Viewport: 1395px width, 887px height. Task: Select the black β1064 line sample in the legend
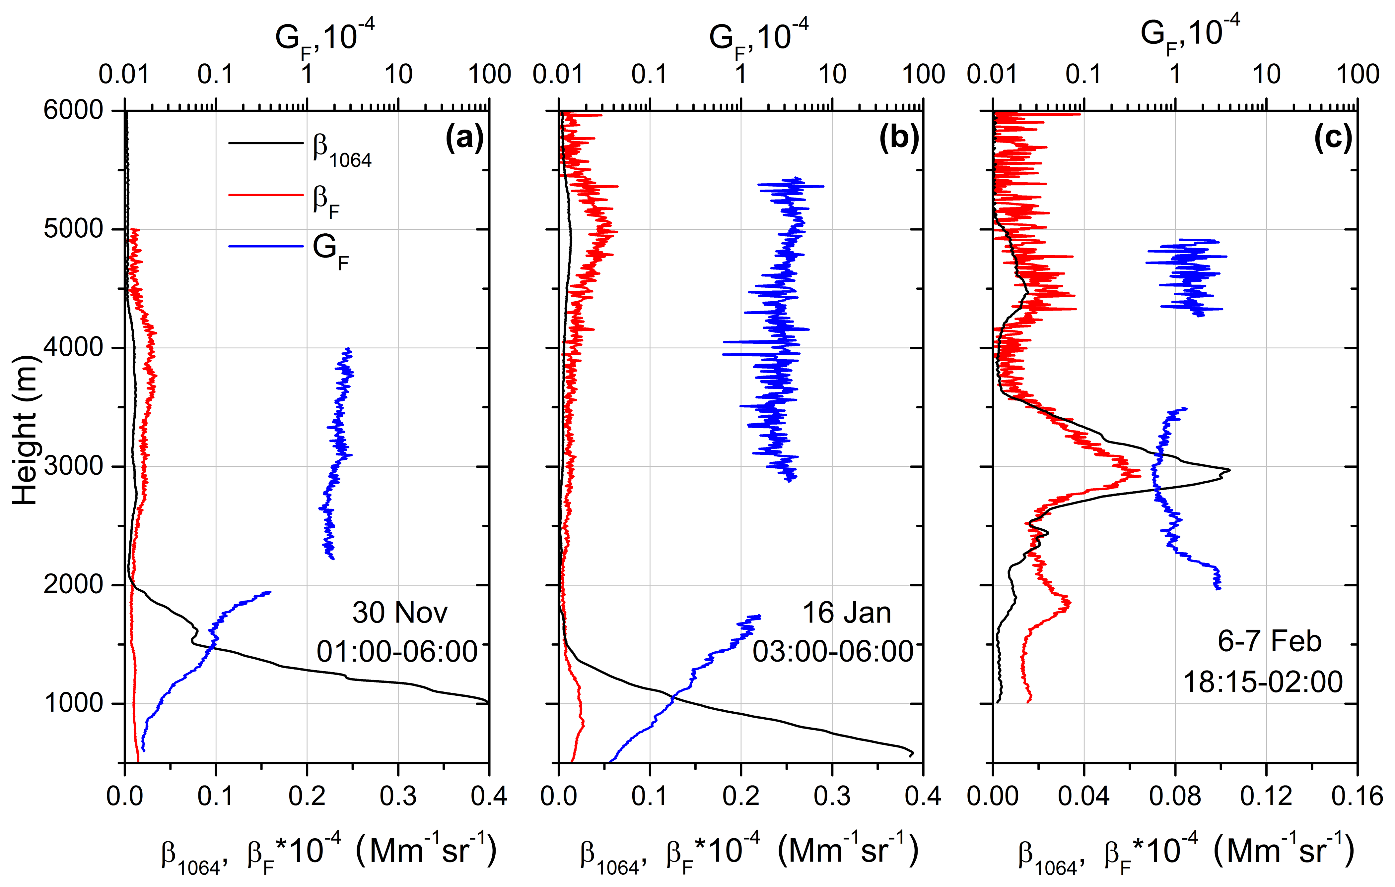tap(266, 143)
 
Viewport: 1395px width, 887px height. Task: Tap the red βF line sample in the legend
tap(266, 195)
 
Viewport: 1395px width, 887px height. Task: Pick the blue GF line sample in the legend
tap(266, 247)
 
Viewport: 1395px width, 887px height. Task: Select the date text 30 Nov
tap(400, 613)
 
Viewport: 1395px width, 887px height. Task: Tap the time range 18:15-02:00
tap(1263, 682)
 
